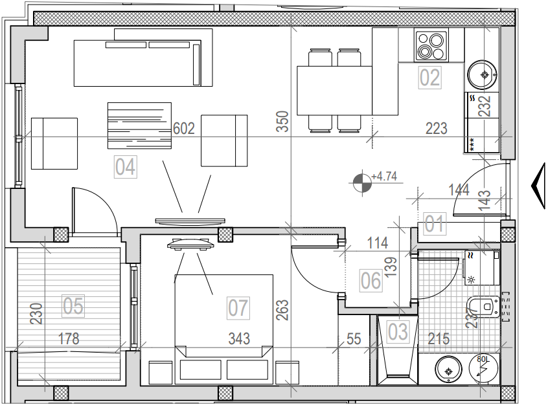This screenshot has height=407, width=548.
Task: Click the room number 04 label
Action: (125, 167)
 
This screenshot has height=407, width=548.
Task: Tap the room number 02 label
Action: (430, 78)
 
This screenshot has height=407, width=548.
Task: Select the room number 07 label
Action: (238, 307)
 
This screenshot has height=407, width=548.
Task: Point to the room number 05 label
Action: (73, 305)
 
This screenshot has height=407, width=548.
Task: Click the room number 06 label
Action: (371, 281)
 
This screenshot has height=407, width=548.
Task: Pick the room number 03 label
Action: (398, 331)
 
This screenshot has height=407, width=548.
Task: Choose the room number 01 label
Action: (435, 225)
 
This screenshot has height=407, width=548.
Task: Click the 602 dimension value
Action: (184, 129)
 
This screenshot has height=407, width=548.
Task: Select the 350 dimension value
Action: (282, 122)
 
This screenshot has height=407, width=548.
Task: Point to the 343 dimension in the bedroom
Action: (238, 338)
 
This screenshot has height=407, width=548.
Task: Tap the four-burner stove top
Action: (428, 46)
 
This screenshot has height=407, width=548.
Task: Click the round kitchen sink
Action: (483, 73)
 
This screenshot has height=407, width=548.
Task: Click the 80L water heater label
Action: (483, 358)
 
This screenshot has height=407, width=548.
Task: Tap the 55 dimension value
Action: (354, 338)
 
